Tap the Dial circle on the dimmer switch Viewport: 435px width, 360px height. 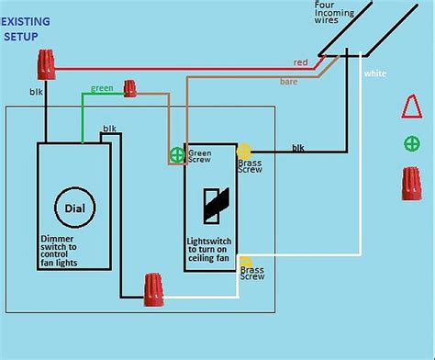(74, 208)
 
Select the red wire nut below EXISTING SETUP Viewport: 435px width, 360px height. (45, 64)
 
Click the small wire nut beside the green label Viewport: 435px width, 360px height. (130, 88)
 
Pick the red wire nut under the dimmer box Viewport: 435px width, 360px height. (154, 289)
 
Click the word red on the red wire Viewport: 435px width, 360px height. (300, 62)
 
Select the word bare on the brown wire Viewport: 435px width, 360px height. (289, 82)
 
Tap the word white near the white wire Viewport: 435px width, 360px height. (375, 73)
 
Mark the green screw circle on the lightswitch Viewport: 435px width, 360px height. (176, 155)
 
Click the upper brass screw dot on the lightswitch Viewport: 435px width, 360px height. (244, 151)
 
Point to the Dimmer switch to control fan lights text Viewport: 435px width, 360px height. (72, 250)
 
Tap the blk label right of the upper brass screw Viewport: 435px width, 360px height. (298, 147)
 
